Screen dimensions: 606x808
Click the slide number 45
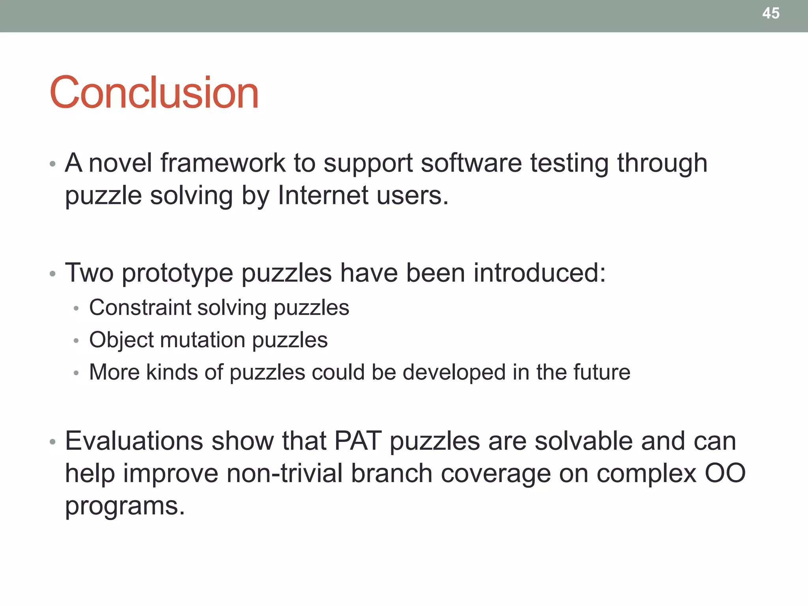click(x=771, y=13)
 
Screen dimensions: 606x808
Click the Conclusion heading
click(x=154, y=93)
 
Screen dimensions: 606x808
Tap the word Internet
click(x=323, y=195)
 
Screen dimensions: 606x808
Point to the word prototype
click(x=177, y=273)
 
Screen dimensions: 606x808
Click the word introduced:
click(x=539, y=273)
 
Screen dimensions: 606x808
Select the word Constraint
click(x=140, y=308)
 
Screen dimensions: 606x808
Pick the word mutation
click(x=203, y=340)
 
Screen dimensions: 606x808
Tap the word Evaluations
click(x=134, y=441)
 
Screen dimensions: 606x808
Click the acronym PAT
click(x=358, y=441)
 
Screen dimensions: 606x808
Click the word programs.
click(x=125, y=506)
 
